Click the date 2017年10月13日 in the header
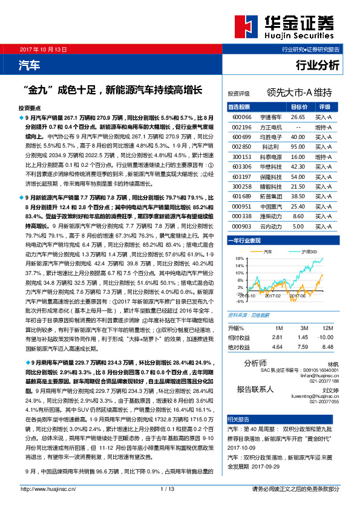(x=43, y=49)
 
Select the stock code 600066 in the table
(x=242, y=116)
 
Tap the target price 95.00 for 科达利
(x=297, y=147)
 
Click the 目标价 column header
(x=298, y=106)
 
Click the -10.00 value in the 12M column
(x=326, y=337)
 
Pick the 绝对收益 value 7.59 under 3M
(x=303, y=347)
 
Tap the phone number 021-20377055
(x=325, y=401)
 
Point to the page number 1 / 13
(x=168, y=489)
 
